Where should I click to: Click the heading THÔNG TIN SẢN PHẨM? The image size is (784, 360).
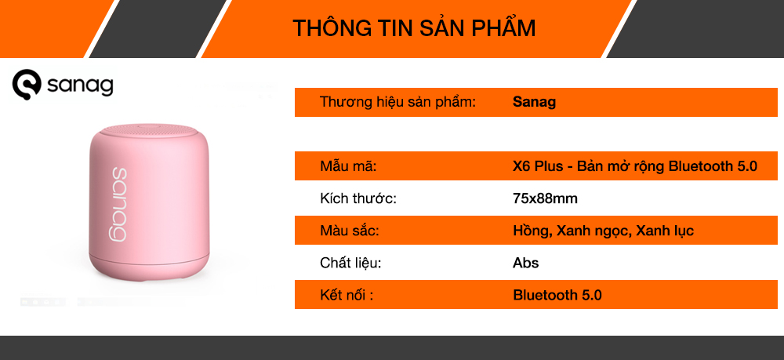coord(414,28)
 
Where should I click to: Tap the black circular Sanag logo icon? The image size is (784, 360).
coord(27,84)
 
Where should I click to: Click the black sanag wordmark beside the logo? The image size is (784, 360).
coord(80,86)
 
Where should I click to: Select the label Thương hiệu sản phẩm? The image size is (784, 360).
coord(397,103)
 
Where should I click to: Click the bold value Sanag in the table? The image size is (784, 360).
coord(534,103)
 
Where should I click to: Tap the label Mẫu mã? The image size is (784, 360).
coord(348,166)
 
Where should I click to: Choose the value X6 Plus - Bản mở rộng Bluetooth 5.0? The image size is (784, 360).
coord(635,166)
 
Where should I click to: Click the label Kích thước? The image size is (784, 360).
coord(358,198)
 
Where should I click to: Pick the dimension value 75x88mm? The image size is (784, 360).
coord(545,198)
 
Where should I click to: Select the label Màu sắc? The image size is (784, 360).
coord(350,231)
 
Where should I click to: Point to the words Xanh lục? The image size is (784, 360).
coord(665,231)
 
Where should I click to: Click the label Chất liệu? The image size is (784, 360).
coord(350,263)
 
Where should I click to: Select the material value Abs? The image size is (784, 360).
coord(525,263)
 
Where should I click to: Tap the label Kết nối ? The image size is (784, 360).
coord(347,295)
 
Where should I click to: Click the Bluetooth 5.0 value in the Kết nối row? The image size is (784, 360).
coord(557,295)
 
